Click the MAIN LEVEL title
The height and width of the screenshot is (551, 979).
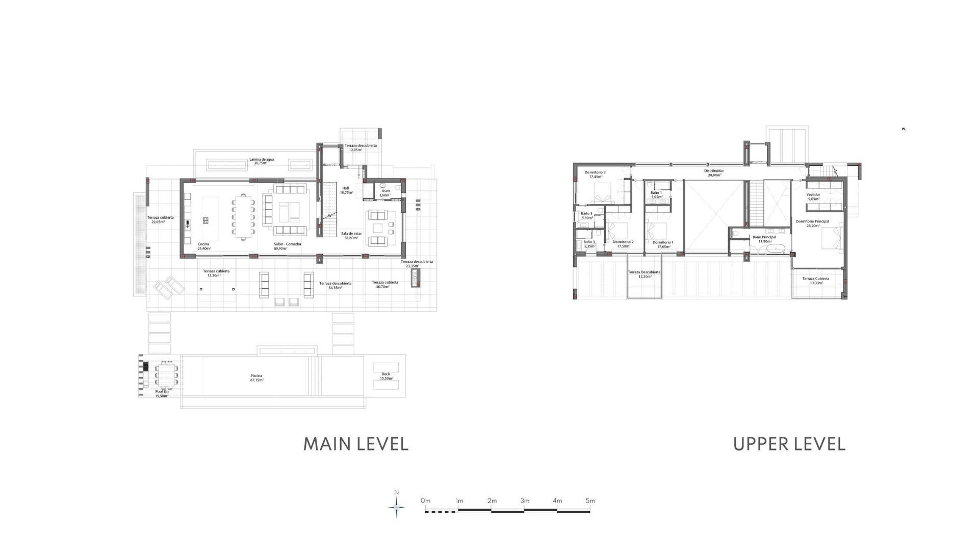(x=356, y=444)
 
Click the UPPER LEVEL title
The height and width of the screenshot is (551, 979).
(x=789, y=444)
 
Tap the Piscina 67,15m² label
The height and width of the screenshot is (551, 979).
(x=256, y=378)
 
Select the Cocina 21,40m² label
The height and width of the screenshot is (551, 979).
(x=203, y=246)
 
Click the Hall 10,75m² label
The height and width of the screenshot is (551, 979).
(x=346, y=190)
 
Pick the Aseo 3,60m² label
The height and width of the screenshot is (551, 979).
(x=385, y=193)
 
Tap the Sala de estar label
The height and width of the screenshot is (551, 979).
(x=351, y=235)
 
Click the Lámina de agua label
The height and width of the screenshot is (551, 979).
(x=261, y=161)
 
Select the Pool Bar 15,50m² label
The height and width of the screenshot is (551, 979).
(x=162, y=393)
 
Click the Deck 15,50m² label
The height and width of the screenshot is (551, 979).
(x=385, y=376)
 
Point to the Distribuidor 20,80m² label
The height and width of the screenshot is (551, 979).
(x=714, y=173)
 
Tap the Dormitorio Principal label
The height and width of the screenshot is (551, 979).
(x=812, y=223)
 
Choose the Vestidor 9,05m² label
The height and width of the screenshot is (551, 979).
(x=813, y=196)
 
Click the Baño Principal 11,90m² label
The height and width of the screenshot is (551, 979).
(x=764, y=239)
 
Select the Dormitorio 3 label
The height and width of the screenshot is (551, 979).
(x=595, y=174)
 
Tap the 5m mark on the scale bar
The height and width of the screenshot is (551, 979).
(x=590, y=500)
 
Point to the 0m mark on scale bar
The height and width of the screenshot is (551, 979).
(x=425, y=500)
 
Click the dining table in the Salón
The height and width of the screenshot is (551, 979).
(x=244, y=217)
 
